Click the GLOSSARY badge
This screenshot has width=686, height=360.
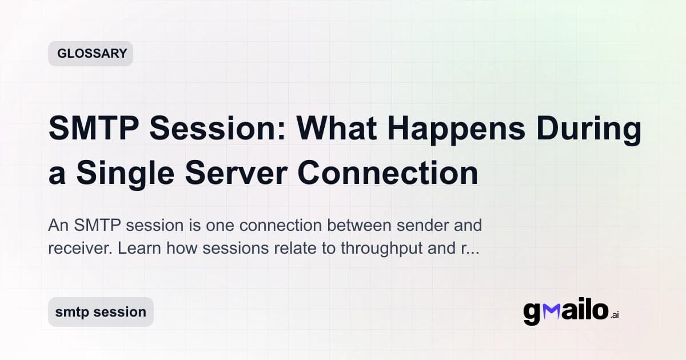click(x=90, y=54)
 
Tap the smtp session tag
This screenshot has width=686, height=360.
click(x=101, y=312)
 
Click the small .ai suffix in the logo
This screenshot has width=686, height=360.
click(x=615, y=315)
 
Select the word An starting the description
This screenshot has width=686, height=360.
click(x=58, y=225)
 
